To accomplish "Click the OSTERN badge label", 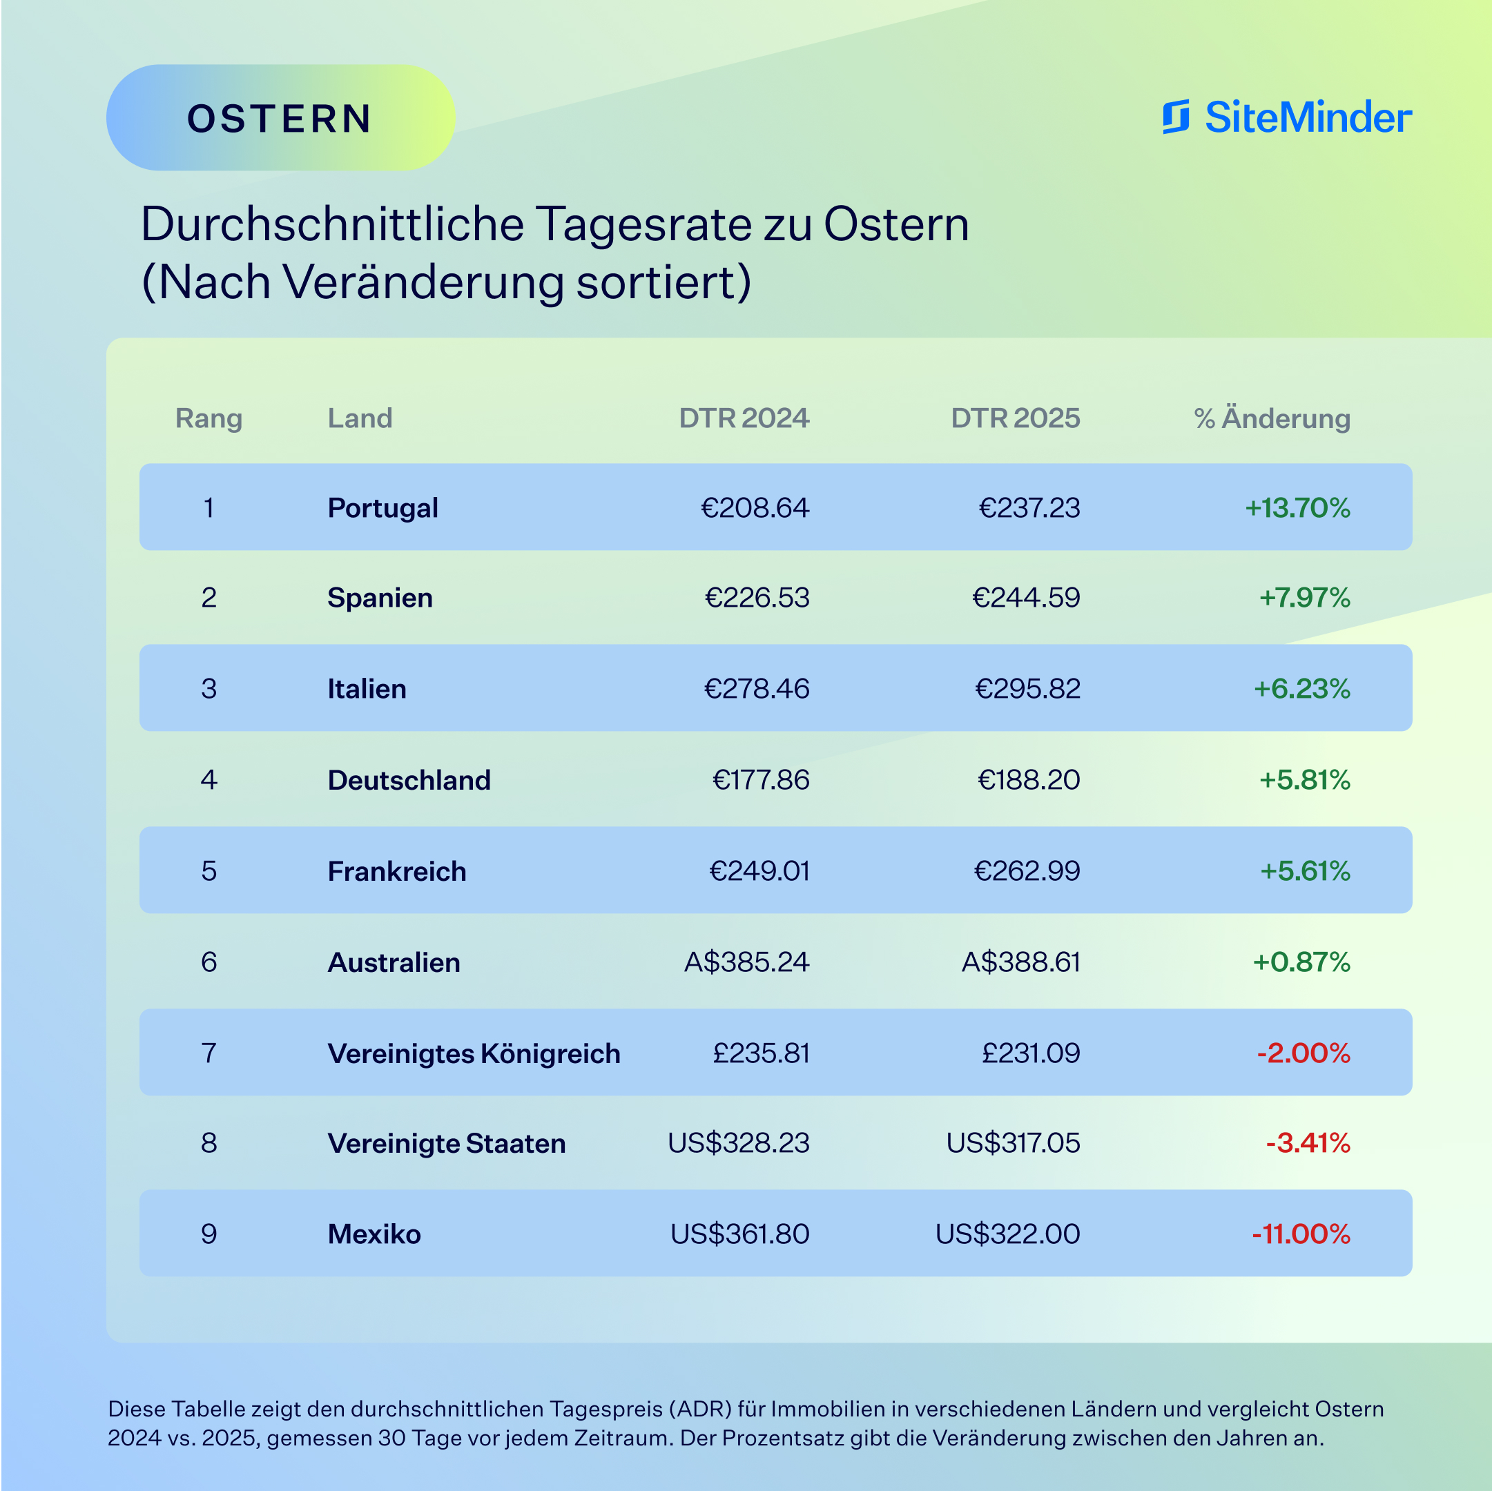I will (x=280, y=118).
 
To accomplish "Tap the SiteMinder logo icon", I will (x=1175, y=117).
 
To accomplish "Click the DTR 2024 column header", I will (x=744, y=418).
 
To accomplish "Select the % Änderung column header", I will (x=1272, y=418).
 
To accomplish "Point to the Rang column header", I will (x=209, y=418).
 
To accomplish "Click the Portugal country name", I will (x=382, y=507).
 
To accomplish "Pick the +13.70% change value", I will (x=1297, y=507).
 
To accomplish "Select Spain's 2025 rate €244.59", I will (x=1025, y=597).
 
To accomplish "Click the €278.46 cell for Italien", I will (x=756, y=688).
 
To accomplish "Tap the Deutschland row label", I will (x=409, y=780).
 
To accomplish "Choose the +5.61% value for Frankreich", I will (x=1305, y=871).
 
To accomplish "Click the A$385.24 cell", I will (x=746, y=962).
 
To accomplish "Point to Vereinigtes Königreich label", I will (x=474, y=1053).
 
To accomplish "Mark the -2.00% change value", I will (x=1304, y=1053).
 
